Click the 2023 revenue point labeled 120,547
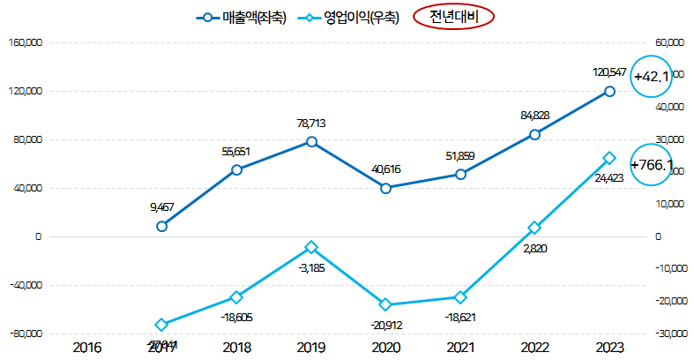coord(609,91)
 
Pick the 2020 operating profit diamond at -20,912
coord(385,304)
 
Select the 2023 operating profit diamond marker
coord(609,158)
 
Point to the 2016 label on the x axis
coord(86,347)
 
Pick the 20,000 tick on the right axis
coord(668,172)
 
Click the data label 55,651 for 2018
coord(236,152)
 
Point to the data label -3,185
coord(311,267)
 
